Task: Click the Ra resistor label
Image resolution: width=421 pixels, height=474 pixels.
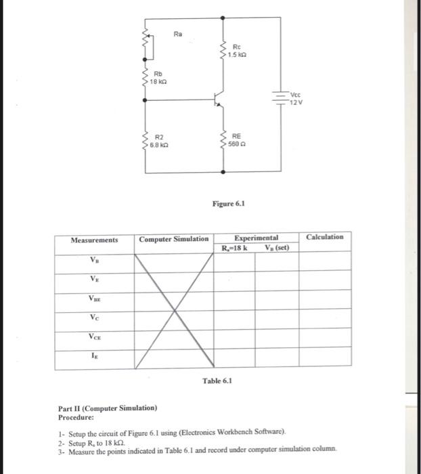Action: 178,33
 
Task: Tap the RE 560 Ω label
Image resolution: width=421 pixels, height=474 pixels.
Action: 238,139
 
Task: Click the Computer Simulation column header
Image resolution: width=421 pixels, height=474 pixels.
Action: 174,240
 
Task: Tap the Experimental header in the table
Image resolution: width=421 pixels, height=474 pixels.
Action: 256,238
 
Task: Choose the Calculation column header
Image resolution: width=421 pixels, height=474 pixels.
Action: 325,237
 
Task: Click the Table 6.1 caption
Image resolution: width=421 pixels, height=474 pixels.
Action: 217,381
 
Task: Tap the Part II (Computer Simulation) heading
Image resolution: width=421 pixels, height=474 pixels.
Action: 108,408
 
